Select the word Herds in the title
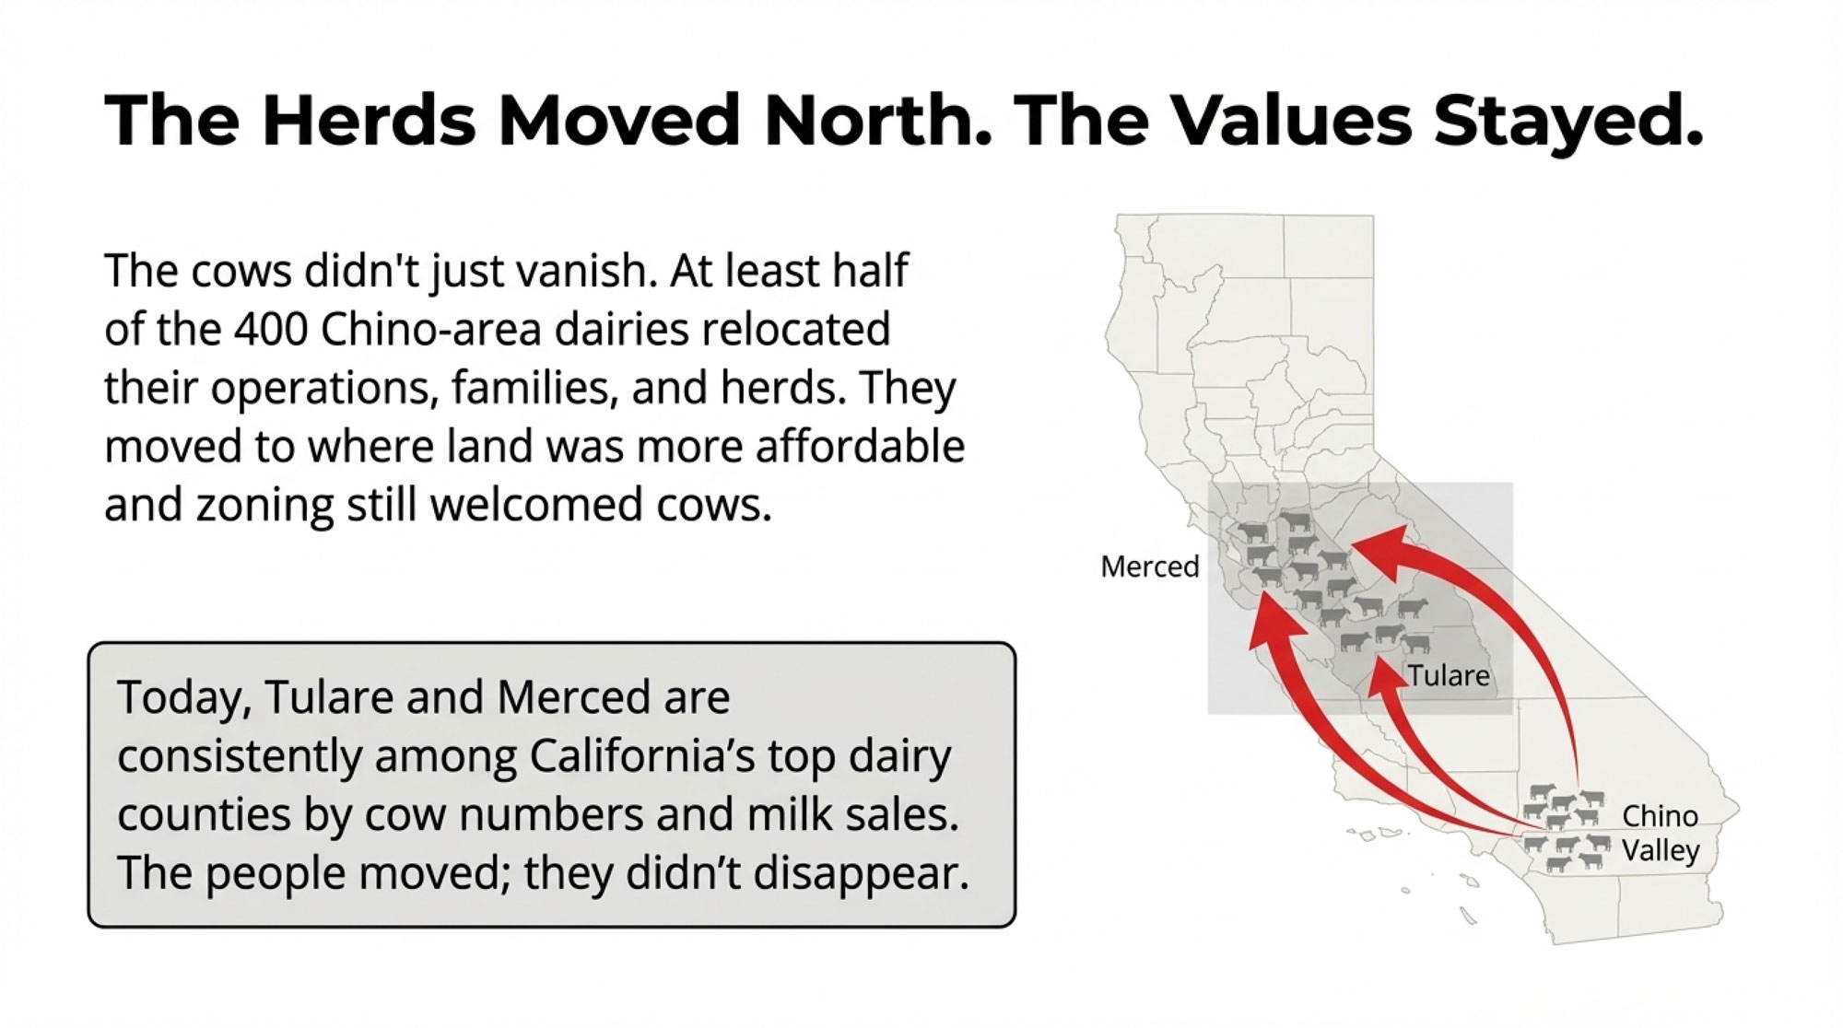coord(369,120)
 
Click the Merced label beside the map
coord(1150,567)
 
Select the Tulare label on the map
coord(1449,675)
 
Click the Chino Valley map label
coord(1661,833)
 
